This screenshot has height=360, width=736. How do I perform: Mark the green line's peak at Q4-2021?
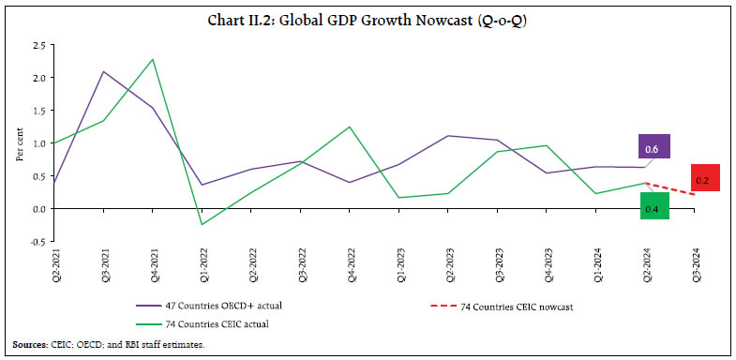click(x=153, y=59)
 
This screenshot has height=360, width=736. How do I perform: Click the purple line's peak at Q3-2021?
click(x=103, y=71)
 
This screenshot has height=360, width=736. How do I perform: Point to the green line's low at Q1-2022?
click(x=202, y=224)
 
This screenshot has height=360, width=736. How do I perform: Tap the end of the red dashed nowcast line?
click(x=693, y=194)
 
